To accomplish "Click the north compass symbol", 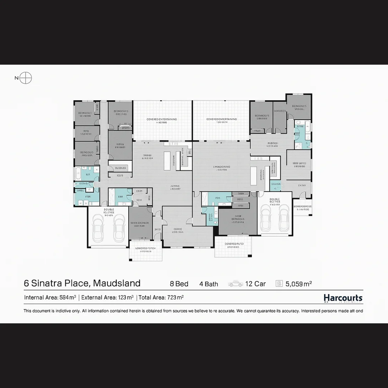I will (26, 78).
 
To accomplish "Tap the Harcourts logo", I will (343, 298).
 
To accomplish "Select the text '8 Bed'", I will (179, 284).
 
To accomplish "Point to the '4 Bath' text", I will (209, 284).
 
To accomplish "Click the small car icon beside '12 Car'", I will (235, 284).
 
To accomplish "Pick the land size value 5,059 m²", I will (299, 284).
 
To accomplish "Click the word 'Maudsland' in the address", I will (117, 283).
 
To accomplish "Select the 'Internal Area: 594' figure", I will (50, 297).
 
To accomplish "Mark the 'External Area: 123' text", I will (107, 297).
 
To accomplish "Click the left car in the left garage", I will (98, 228).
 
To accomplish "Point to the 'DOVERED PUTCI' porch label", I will (234, 244).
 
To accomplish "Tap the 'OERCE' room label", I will (177, 229).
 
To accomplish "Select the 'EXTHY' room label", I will (302, 185).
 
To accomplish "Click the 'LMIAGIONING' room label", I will (221, 167).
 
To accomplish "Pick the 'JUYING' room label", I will (175, 186).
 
